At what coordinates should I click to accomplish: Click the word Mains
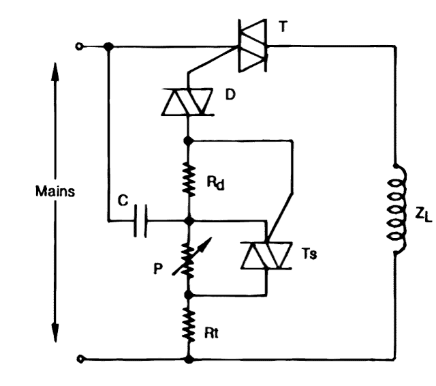coord(56,191)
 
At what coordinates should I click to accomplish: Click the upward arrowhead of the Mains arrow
coord(54,69)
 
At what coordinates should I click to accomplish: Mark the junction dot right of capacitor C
coord(188,221)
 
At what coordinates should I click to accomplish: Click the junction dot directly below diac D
coord(188,141)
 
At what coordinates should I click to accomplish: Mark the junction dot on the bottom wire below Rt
coord(188,358)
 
